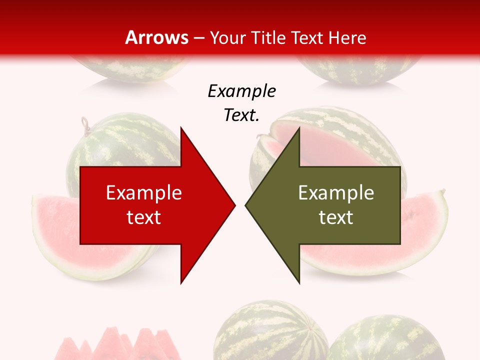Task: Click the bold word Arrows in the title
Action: click(156, 37)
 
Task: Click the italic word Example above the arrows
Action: click(241, 91)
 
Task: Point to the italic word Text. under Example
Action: click(241, 115)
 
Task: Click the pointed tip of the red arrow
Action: click(233, 204)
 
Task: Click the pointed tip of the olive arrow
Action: click(247, 204)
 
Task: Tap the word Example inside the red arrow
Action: click(144, 193)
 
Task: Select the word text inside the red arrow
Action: click(144, 217)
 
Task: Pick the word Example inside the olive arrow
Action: click(336, 193)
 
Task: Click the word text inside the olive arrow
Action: click(336, 217)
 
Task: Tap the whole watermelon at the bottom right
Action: click(385, 340)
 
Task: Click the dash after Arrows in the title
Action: click(198, 38)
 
